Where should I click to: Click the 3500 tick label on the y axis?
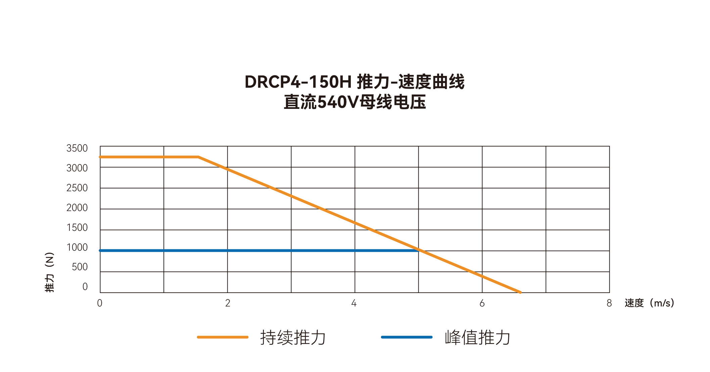coord(77,148)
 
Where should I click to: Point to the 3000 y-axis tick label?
coord(77,168)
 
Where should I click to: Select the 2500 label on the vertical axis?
coord(77,188)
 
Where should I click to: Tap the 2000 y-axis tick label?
coord(77,208)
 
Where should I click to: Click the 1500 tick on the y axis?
coord(77,228)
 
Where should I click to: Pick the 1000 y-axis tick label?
coord(77,247)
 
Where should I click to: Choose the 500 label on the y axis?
coord(80,267)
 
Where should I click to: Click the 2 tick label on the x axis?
coord(228,303)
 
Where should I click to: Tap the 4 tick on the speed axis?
coord(354,303)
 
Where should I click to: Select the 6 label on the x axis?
coord(482,303)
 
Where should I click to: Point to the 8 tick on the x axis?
coord(609,303)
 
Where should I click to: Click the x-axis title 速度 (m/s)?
coord(649,303)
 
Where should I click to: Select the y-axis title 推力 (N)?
coord(49,272)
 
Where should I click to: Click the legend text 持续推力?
coord(293,337)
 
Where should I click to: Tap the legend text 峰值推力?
coord(477,337)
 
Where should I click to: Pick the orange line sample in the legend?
coord(223,337)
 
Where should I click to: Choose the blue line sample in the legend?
coord(407,337)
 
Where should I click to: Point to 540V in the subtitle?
coord(338,102)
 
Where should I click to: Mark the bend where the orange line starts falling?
coord(199,157)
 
